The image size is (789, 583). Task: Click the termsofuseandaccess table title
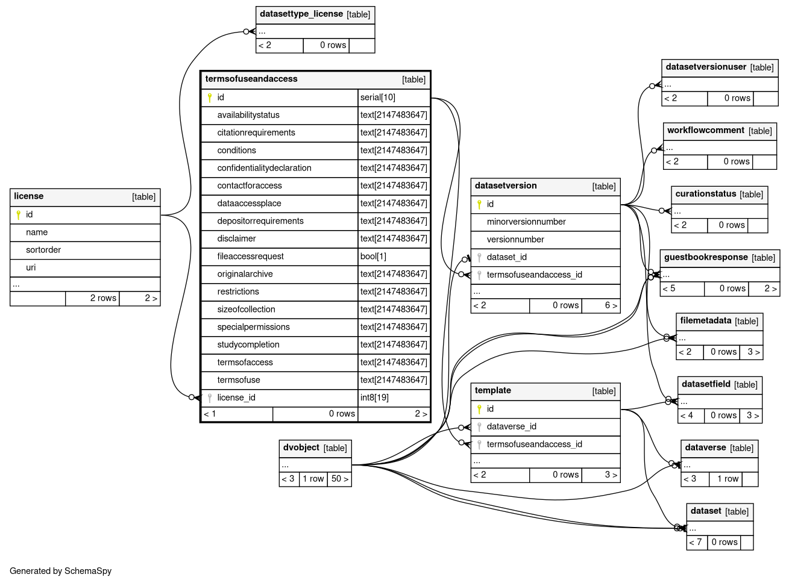251,79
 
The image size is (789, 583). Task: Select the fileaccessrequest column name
250,257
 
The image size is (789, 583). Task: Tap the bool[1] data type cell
373,257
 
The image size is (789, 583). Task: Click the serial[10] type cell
378,98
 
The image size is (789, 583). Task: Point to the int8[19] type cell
374,397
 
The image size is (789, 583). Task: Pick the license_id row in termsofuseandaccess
236,397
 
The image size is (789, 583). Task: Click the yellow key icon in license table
18,215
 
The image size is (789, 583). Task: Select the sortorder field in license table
43,250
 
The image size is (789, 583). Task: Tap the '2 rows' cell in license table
102,298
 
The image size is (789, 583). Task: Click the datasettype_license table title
301,14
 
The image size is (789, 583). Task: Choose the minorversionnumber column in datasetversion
526,222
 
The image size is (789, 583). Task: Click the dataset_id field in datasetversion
506,257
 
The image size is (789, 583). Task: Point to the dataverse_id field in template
511,426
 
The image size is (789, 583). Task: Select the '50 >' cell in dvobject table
339,479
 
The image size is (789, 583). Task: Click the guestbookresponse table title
706,257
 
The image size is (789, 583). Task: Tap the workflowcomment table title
706,130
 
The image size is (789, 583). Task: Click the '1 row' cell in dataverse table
728,479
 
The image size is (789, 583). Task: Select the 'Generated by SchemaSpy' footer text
61,571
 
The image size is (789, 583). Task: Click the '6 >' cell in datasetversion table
611,305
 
